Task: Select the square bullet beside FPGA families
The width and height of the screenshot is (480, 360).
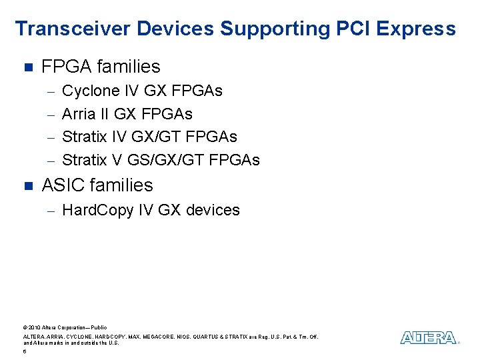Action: tap(27, 67)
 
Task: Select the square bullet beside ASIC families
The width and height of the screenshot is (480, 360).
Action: tap(27, 185)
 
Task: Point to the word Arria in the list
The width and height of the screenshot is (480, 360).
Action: tap(79, 113)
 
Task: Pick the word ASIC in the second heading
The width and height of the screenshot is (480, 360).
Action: tap(62, 185)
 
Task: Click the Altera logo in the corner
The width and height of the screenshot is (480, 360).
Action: tap(429, 338)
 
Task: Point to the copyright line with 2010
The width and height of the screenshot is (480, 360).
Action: tap(65, 327)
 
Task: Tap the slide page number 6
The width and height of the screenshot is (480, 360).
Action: tap(25, 351)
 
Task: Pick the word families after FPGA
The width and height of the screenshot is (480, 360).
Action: tap(129, 67)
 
